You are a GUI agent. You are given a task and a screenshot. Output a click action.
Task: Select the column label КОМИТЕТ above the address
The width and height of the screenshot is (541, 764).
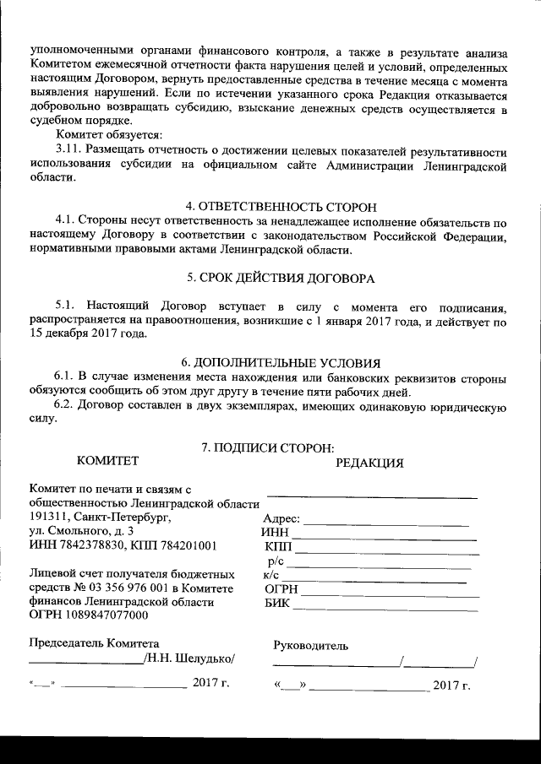click(107, 461)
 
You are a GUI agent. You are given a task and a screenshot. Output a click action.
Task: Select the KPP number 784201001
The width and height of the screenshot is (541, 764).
click(188, 545)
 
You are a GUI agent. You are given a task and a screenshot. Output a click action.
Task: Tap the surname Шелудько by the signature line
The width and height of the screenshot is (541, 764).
click(202, 658)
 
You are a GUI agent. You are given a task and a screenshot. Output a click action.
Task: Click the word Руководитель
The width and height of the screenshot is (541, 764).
click(310, 646)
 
